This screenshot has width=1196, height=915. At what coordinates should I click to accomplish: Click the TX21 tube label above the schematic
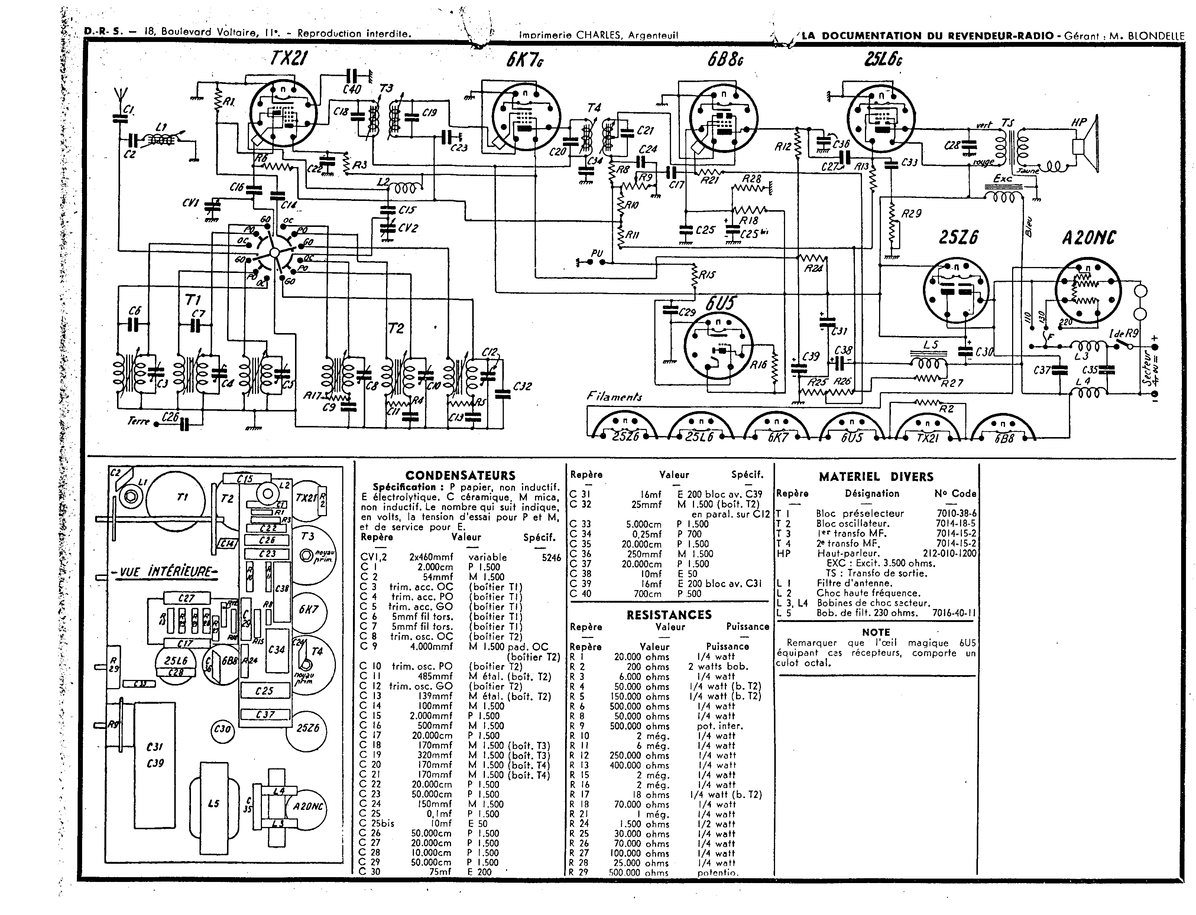[x=288, y=58]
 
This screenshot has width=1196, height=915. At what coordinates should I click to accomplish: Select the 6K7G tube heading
[x=524, y=59]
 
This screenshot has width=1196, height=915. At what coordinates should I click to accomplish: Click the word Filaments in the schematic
[x=615, y=397]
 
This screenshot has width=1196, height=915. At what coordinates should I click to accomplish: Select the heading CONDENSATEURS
[x=460, y=475]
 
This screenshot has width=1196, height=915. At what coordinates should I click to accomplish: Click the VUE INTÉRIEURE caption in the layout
[x=165, y=572]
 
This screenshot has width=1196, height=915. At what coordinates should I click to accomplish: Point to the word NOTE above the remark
[x=876, y=632]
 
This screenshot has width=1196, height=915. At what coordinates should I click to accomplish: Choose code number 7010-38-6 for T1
[x=956, y=513]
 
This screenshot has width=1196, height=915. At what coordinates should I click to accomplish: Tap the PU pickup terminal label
[x=597, y=253]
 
